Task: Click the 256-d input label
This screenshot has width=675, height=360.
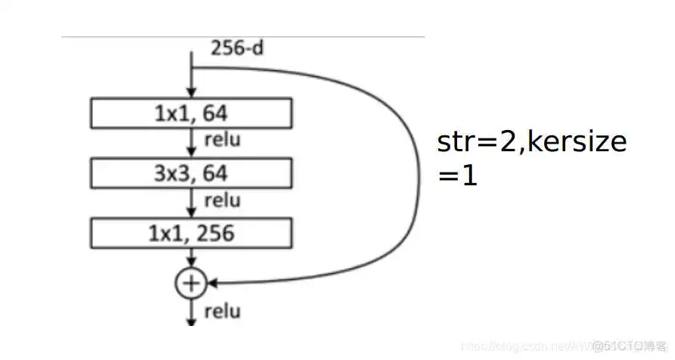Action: point(237,51)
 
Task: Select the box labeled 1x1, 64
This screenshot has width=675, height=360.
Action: point(191,113)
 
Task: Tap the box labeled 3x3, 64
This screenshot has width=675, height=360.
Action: point(191,173)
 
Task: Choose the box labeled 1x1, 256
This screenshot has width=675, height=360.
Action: point(191,233)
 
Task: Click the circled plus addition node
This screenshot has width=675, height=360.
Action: point(191,283)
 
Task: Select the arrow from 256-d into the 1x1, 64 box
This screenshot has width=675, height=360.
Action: point(191,79)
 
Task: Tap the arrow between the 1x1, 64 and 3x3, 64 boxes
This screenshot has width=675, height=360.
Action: point(191,143)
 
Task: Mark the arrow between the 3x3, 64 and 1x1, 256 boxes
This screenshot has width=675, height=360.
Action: point(191,203)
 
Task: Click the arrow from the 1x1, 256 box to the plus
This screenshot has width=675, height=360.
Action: point(191,259)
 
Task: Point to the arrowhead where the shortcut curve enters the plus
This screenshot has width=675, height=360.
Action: point(213,284)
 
